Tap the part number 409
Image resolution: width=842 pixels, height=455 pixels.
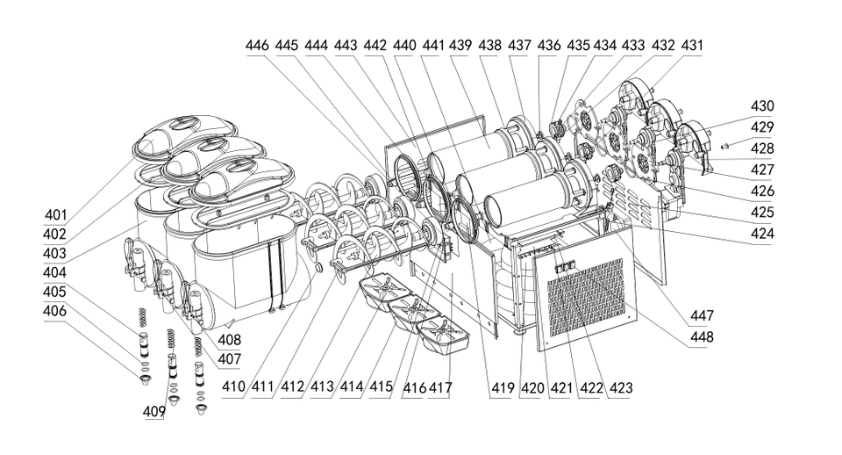[x=154, y=410]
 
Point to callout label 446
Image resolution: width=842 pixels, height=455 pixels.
[x=257, y=45]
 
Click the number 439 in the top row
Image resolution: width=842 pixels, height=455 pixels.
[x=460, y=45]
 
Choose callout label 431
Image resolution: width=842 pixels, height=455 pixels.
[x=692, y=45]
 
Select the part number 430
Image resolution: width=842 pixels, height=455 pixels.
[x=763, y=106]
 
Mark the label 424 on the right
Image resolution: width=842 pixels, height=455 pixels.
[x=763, y=234]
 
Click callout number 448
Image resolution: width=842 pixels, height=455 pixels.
[x=702, y=336]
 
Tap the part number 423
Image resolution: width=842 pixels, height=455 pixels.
[x=622, y=386]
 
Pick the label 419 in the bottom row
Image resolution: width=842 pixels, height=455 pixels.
[x=502, y=386]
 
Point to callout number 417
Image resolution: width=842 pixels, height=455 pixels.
[x=439, y=386]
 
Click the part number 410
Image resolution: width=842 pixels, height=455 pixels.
[x=233, y=386]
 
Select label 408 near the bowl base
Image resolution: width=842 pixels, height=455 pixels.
[x=230, y=339]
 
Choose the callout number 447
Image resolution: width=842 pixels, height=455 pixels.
[x=702, y=315]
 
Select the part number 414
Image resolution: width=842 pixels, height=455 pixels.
[x=351, y=386]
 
